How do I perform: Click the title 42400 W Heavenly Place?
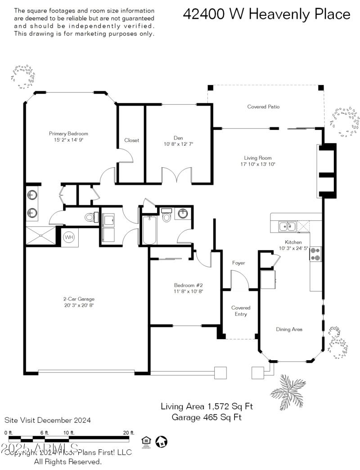tap(266, 14)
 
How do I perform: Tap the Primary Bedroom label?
tap(68, 134)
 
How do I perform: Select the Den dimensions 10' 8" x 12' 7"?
tap(178, 144)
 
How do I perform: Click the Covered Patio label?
tap(263, 107)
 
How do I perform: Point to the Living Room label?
tap(258, 158)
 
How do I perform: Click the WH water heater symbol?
tap(69, 237)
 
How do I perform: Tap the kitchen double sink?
tap(287, 226)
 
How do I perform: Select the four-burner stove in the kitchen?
tap(315, 254)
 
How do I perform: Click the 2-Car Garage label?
tap(79, 299)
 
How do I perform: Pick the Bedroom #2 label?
tap(189, 285)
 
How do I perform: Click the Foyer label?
tap(238, 263)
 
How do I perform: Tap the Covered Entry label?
tap(241, 311)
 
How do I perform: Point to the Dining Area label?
tap(289, 329)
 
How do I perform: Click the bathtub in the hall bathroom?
tap(149, 230)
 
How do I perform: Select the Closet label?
tap(132, 140)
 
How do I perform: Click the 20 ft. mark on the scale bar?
tap(129, 433)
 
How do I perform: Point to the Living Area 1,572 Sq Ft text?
tap(207, 407)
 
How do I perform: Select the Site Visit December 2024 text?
tap(48, 421)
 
